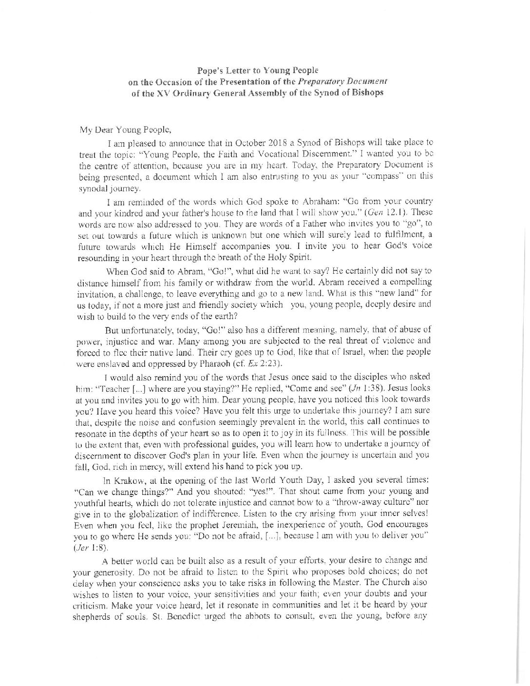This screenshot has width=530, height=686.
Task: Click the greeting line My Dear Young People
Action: pos(125,130)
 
